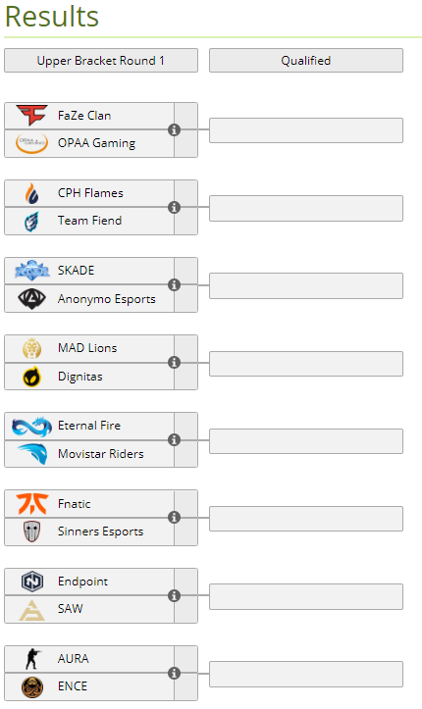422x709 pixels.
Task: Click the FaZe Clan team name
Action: click(x=84, y=116)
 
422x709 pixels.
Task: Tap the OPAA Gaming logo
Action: click(x=31, y=143)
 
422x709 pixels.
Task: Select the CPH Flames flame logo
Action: click(x=31, y=193)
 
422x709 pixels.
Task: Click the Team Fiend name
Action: click(x=89, y=221)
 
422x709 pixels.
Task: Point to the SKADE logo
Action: click(x=31, y=271)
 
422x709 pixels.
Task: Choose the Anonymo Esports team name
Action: click(x=106, y=299)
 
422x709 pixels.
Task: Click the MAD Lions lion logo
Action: click(x=31, y=349)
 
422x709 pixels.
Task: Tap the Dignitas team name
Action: click(x=80, y=377)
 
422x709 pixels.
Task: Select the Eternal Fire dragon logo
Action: click(x=31, y=427)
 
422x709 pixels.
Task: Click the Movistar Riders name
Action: click(x=100, y=454)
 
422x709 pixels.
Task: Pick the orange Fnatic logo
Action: click(x=31, y=504)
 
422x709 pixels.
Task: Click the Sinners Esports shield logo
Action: click(x=31, y=532)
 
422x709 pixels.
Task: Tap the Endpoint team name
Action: click(x=82, y=582)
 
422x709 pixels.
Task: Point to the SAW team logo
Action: click(x=31, y=610)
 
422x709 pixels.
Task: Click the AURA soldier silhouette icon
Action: click(x=32, y=659)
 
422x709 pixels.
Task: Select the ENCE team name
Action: click(x=73, y=686)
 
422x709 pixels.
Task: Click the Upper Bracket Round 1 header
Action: click(x=101, y=61)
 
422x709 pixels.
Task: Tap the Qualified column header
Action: click(x=306, y=61)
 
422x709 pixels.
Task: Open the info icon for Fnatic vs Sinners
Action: click(x=174, y=517)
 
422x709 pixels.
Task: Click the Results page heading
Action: click(x=52, y=17)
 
